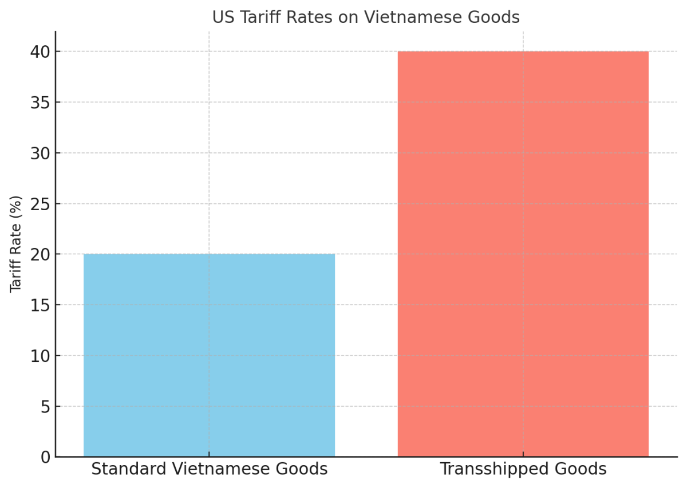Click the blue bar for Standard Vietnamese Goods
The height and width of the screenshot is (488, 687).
(209, 355)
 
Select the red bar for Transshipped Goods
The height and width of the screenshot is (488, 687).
(523, 254)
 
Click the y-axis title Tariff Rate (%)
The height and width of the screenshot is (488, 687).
(16, 244)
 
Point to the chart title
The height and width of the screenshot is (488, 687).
(366, 18)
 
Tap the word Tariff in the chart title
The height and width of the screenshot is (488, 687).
(255, 18)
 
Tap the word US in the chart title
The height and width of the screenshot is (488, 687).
(222, 18)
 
